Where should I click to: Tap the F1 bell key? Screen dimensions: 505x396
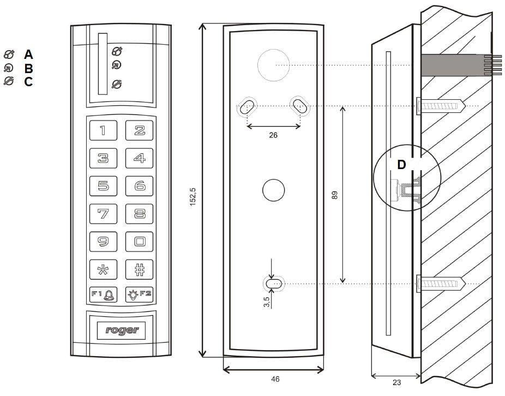103,294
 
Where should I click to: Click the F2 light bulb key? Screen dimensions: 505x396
139,294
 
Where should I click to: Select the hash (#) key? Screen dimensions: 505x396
139,269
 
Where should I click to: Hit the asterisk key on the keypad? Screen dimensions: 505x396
103,269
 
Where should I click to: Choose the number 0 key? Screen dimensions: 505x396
139,242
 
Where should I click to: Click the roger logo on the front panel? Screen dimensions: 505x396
122,330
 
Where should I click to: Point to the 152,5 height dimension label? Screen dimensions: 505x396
193,196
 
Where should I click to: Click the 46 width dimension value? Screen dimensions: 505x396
275,379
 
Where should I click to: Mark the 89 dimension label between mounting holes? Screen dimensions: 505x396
335,195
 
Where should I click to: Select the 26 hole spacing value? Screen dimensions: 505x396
273,135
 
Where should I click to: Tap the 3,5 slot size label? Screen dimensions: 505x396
266,302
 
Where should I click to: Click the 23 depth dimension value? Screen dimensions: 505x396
397,382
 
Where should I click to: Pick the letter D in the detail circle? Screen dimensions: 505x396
401,165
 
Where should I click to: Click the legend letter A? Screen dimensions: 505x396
28,55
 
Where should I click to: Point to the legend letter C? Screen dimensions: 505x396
28,81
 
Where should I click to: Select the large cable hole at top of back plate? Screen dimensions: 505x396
273,65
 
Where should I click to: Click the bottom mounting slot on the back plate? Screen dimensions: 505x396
273,284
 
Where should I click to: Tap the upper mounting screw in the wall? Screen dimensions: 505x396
441,106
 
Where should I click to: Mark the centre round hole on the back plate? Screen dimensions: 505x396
273,190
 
